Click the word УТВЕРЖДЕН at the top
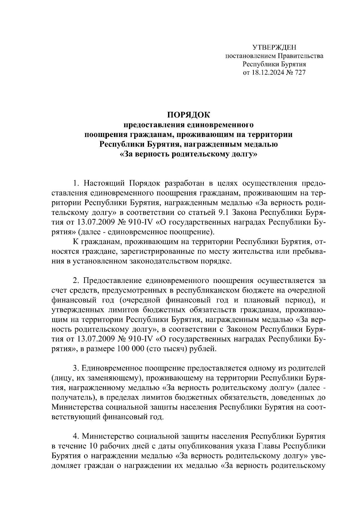click(274, 47)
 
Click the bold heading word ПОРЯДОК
click(189, 115)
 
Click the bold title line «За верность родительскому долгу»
click(189, 155)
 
